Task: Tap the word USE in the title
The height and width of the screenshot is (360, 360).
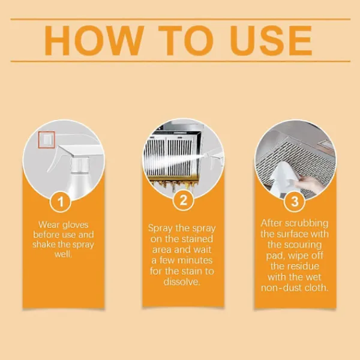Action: (271, 40)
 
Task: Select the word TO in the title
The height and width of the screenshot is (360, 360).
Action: (186, 40)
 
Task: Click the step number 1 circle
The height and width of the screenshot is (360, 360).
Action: (61, 202)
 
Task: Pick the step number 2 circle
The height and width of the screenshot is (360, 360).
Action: (183, 200)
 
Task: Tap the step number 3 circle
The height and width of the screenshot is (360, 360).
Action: (295, 202)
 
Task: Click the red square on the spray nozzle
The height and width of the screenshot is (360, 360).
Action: (47, 140)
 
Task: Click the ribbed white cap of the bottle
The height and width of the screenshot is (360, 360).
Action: (80, 164)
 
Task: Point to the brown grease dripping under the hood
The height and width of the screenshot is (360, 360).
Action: (174, 184)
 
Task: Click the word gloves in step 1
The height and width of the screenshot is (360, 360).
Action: (76, 225)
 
